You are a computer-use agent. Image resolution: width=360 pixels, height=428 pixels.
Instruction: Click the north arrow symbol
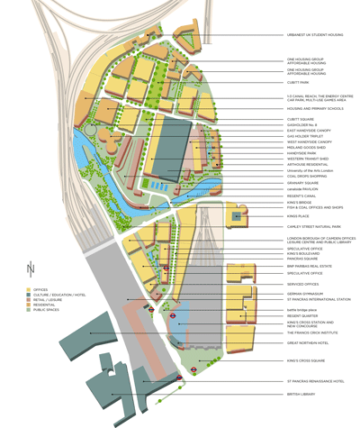pyautogui.click(x=31, y=269)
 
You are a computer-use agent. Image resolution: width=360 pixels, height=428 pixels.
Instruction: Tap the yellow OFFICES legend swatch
pyautogui.click(x=30, y=288)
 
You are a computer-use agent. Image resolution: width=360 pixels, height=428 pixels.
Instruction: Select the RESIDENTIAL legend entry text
pyautogui.click(x=46, y=305)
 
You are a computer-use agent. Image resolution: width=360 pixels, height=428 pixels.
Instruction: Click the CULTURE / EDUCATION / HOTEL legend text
pyautogui.click(x=60, y=294)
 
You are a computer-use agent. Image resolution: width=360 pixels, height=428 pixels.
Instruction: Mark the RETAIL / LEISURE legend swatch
pyautogui.click(x=30, y=300)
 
